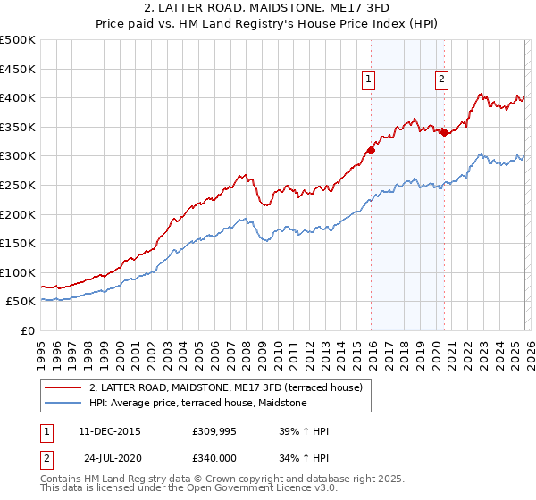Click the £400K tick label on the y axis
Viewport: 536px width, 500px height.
[x=18, y=97]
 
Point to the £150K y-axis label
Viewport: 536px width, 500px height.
[x=18, y=243]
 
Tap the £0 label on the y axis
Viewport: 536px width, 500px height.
[x=27, y=330]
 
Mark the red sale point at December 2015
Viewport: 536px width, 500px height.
[x=371, y=150]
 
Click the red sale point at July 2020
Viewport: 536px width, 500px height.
[x=444, y=132]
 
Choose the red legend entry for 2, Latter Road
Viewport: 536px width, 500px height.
[x=225, y=387]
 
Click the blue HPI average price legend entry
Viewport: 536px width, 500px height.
[x=197, y=404]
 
